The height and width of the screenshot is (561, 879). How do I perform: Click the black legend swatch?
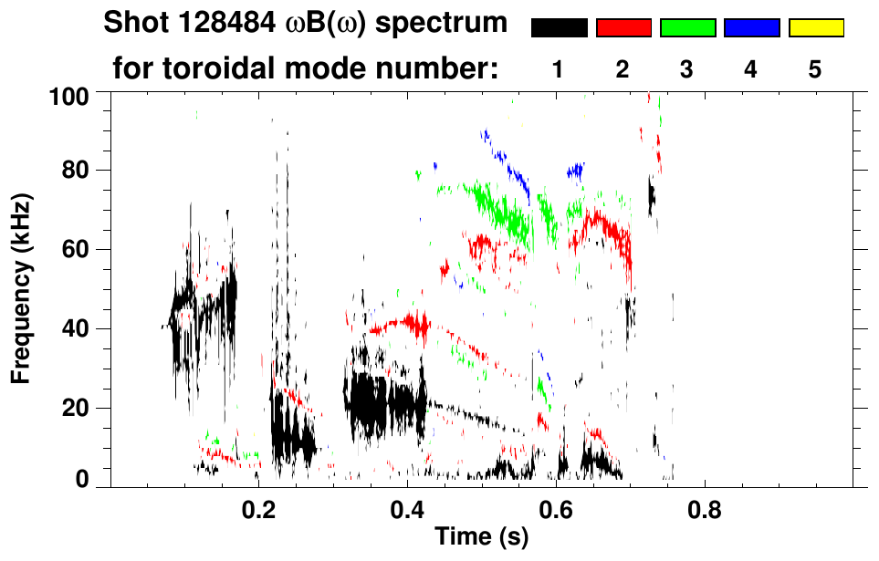coord(559,28)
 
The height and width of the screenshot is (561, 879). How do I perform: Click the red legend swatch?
coord(623,28)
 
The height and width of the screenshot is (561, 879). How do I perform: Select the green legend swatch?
coord(687,28)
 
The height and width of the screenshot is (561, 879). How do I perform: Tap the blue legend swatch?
coord(752,28)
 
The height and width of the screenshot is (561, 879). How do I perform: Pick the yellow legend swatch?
coord(816,28)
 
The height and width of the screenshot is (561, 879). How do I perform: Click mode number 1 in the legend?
coord(558,69)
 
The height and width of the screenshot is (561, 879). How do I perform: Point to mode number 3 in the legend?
coord(687,69)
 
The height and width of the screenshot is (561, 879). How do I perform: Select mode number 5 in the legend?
coord(815,69)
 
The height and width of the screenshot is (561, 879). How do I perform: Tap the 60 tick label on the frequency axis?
coord(75,250)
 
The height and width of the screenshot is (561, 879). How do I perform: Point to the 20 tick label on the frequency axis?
coord(75,408)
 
